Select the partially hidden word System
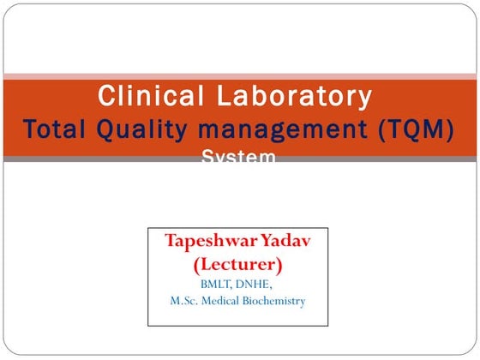239,157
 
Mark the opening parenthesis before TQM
378,130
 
